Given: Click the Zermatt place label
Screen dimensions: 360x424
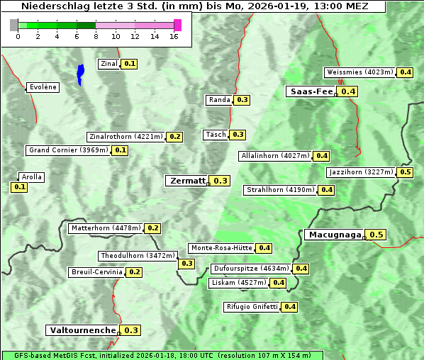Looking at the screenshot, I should (187, 181).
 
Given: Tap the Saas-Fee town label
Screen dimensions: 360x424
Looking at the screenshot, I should (311, 91).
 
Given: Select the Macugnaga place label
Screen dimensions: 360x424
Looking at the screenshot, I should (334, 235).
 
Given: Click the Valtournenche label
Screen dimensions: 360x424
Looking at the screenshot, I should (82, 330).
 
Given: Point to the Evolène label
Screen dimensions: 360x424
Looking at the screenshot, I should (42, 87).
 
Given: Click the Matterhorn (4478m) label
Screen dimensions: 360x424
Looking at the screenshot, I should (105, 228).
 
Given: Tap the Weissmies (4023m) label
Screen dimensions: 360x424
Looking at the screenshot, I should (359, 72).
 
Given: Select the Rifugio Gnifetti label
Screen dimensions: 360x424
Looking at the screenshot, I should (252, 307).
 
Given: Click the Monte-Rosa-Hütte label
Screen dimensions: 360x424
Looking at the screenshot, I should (221, 248).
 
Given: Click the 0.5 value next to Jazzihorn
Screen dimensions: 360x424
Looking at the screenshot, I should (406, 172).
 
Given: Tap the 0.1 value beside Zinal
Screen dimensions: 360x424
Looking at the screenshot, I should (129, 64).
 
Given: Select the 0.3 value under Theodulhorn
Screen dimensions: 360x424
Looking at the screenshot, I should (186, 264).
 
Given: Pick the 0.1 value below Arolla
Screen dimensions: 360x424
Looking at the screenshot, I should (19, 187).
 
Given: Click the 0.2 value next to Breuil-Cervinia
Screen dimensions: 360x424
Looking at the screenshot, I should (134, 272).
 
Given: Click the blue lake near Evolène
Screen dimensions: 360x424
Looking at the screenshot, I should (80, 73).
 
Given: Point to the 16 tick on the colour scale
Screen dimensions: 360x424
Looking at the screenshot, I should (174, 36).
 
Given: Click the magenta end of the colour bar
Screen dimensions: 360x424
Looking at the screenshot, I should (177, 25).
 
